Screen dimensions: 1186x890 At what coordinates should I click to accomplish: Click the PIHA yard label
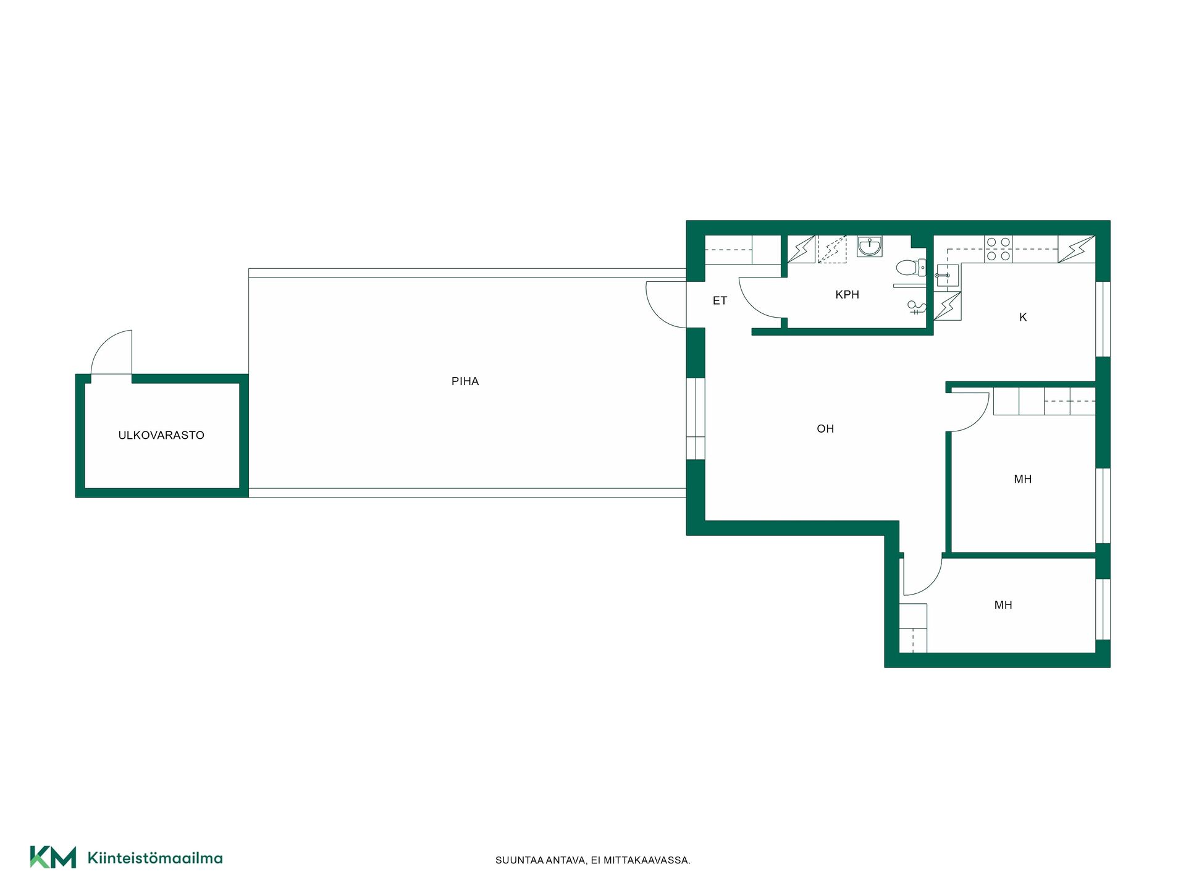[x=465, y=381]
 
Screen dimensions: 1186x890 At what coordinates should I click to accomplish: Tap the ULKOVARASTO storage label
[x=161, y=435]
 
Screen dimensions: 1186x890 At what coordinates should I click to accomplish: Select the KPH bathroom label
[x=847, y=295]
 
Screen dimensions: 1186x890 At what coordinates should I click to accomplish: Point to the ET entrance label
[x=720, y=300]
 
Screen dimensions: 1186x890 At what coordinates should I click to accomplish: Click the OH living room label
[x=825, y=428]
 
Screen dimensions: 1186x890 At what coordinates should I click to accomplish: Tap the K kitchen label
[x=1023, y=317]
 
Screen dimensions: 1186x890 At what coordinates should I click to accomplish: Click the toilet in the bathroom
[x=911, y=268]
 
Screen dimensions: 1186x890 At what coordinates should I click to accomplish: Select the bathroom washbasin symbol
[x=869, y=246]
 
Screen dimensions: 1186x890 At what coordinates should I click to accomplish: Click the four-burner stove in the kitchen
[x=998, y=248]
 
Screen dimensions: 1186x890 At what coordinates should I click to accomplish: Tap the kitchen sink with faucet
[x=947, y=276]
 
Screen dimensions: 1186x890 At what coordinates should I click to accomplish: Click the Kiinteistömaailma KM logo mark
[x=53, y=857]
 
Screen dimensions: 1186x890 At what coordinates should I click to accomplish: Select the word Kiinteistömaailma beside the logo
[x=155, y=858]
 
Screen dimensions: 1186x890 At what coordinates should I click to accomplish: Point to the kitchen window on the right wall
[x=1103, y=319]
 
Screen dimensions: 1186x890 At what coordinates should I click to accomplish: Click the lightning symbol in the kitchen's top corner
[x=1077, y=249]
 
